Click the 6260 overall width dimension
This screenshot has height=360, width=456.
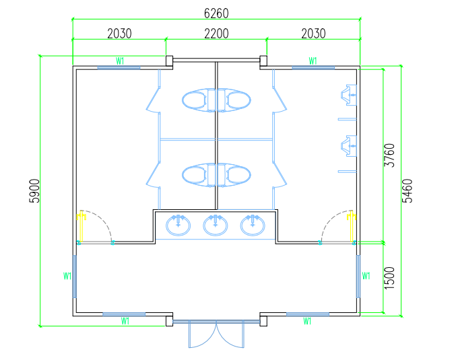point(216,13)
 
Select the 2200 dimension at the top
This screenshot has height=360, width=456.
point(216,34)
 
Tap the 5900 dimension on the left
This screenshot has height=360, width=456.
point(34,191)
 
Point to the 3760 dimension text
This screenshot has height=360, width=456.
point(389,155)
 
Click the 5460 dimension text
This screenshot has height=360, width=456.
point(407,191)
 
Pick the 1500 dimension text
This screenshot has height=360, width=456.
point(389,278)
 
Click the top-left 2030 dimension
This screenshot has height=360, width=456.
point(119,34)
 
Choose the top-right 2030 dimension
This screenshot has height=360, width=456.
point(313,34)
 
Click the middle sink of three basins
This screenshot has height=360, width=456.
point(216,225)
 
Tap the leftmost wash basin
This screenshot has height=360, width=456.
point(178,225)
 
